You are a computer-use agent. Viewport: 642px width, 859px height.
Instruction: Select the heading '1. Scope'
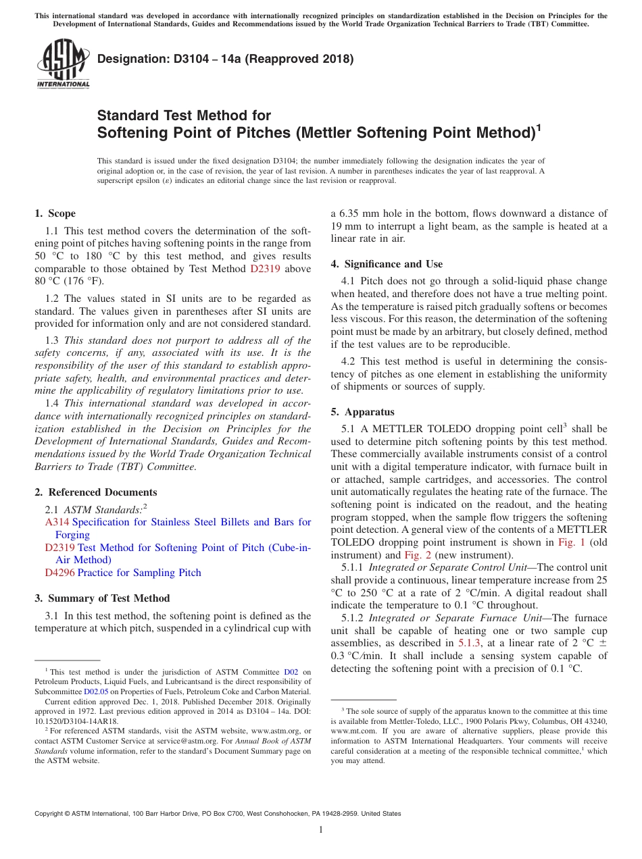55,213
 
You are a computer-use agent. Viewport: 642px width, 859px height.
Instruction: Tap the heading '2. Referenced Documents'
95,492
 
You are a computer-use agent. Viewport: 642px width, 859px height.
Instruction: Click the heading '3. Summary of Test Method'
102,598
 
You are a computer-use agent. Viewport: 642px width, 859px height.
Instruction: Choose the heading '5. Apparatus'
362,412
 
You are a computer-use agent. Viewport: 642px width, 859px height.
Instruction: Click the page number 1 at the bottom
321,829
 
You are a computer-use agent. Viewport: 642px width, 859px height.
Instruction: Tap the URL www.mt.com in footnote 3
349,731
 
